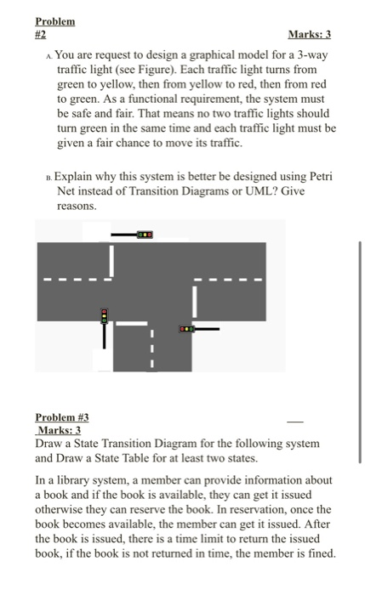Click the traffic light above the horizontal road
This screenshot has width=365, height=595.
click(x=146, y=233)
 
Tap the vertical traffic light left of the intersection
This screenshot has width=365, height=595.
click(x=105, y=315)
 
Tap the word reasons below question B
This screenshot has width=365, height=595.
click(x=77, y=206)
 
